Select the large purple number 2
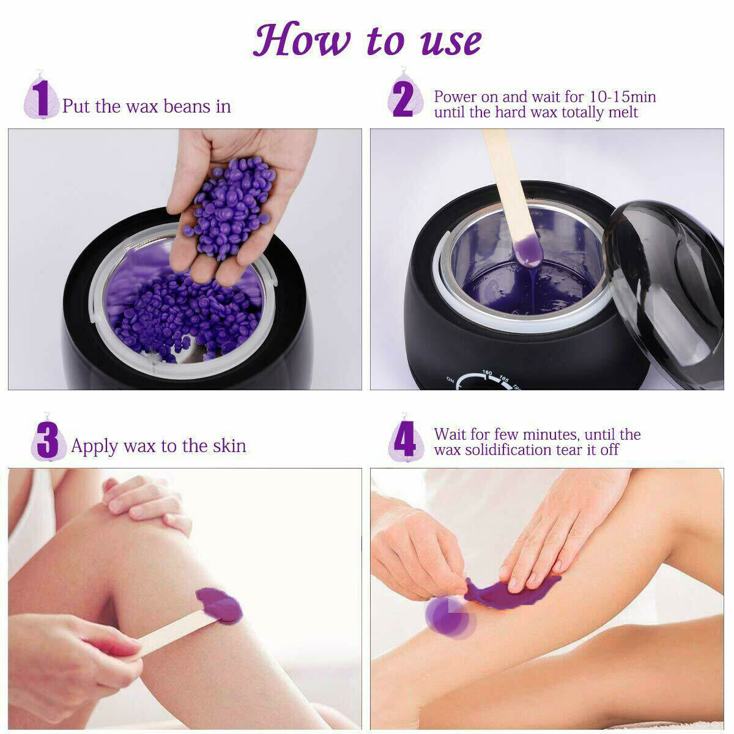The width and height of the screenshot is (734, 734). click(x=403, y=96)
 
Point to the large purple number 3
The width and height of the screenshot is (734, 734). click(x=48, y=440)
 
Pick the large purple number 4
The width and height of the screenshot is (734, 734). click(x=404, y=439)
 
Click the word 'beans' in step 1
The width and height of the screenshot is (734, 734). click(x=187, y=106)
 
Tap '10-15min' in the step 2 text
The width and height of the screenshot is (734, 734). click(x=623, y=97)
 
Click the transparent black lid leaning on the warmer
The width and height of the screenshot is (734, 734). click(x=664, y=291)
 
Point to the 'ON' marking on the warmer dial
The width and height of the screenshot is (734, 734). click(x=450, y=380)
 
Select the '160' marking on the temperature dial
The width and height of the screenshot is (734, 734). click(x=487, y=373)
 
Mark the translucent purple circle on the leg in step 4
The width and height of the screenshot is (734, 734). click(x=451, y=617)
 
